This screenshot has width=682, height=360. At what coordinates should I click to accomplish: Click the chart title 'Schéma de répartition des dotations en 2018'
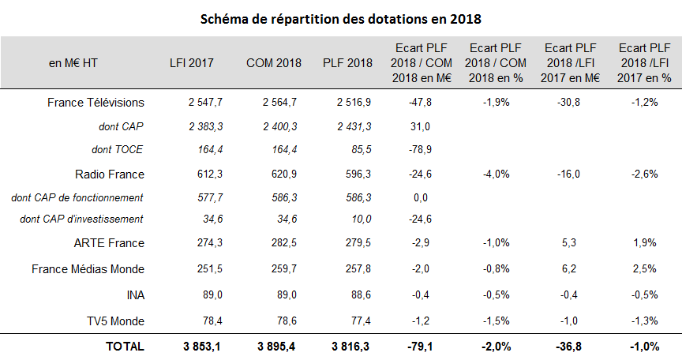341,17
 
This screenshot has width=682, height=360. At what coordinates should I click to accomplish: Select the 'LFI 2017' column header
191,64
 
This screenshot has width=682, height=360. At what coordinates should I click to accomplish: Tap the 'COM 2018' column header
268,64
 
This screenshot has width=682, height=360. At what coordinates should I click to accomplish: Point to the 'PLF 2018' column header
345,64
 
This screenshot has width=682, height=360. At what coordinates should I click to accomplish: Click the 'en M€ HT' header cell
73,64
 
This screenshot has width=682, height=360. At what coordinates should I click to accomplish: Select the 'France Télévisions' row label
96,103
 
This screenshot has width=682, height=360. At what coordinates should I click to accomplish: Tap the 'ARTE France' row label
111,243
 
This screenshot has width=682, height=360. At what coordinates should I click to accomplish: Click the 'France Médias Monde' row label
88,269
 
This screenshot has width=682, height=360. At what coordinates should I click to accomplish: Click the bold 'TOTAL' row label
126,346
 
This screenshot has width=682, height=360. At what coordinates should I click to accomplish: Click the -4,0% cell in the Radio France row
496,174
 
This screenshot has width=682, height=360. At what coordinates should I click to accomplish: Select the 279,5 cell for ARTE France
345,243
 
